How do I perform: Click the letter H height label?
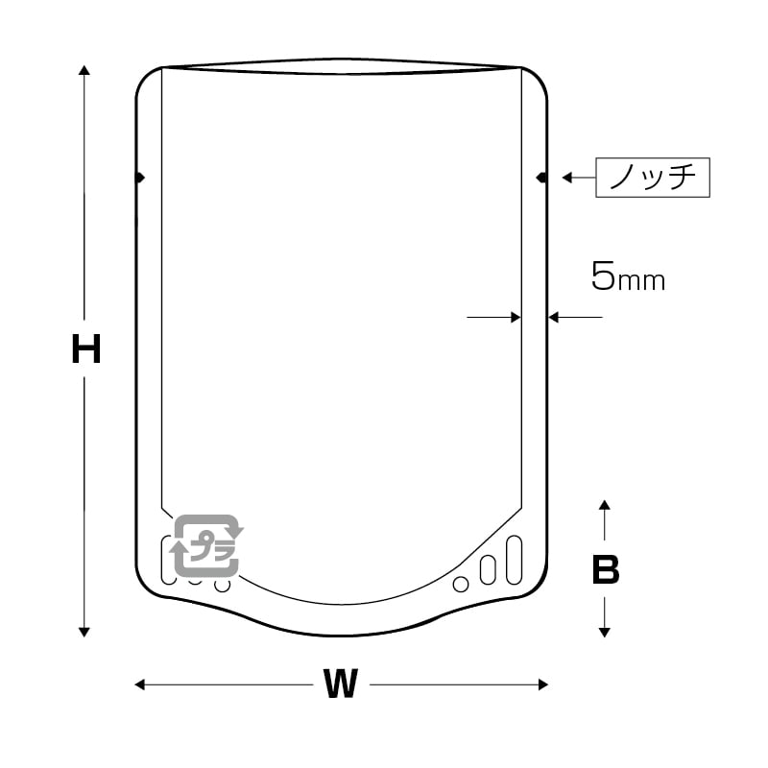(x=86, y=350)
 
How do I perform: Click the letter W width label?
(x=340, y=684)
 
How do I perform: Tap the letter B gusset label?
(x=605, y=570)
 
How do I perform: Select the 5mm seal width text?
(x=627, y=278)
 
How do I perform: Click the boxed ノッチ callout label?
(x=653, y=178)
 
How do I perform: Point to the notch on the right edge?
(x=542, y=178)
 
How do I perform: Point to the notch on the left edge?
(x=140, y=178)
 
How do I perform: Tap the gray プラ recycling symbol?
(x=206, y=545)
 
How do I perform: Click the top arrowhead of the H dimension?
(x=84, y=71)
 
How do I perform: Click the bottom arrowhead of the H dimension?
(x=84, y=631)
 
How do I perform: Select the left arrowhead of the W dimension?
(x=140, y=684)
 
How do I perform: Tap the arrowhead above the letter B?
(x=604, y=506)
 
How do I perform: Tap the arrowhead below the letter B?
(x=604, y=631)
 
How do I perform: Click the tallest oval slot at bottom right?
(x=514, y=559)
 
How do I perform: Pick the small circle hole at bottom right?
(x=461, y=584)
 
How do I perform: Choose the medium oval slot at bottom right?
(x=488, y=569)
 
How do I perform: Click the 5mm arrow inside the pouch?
(x=494, y=316)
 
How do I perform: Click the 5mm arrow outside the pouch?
(x=574, y=316)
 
